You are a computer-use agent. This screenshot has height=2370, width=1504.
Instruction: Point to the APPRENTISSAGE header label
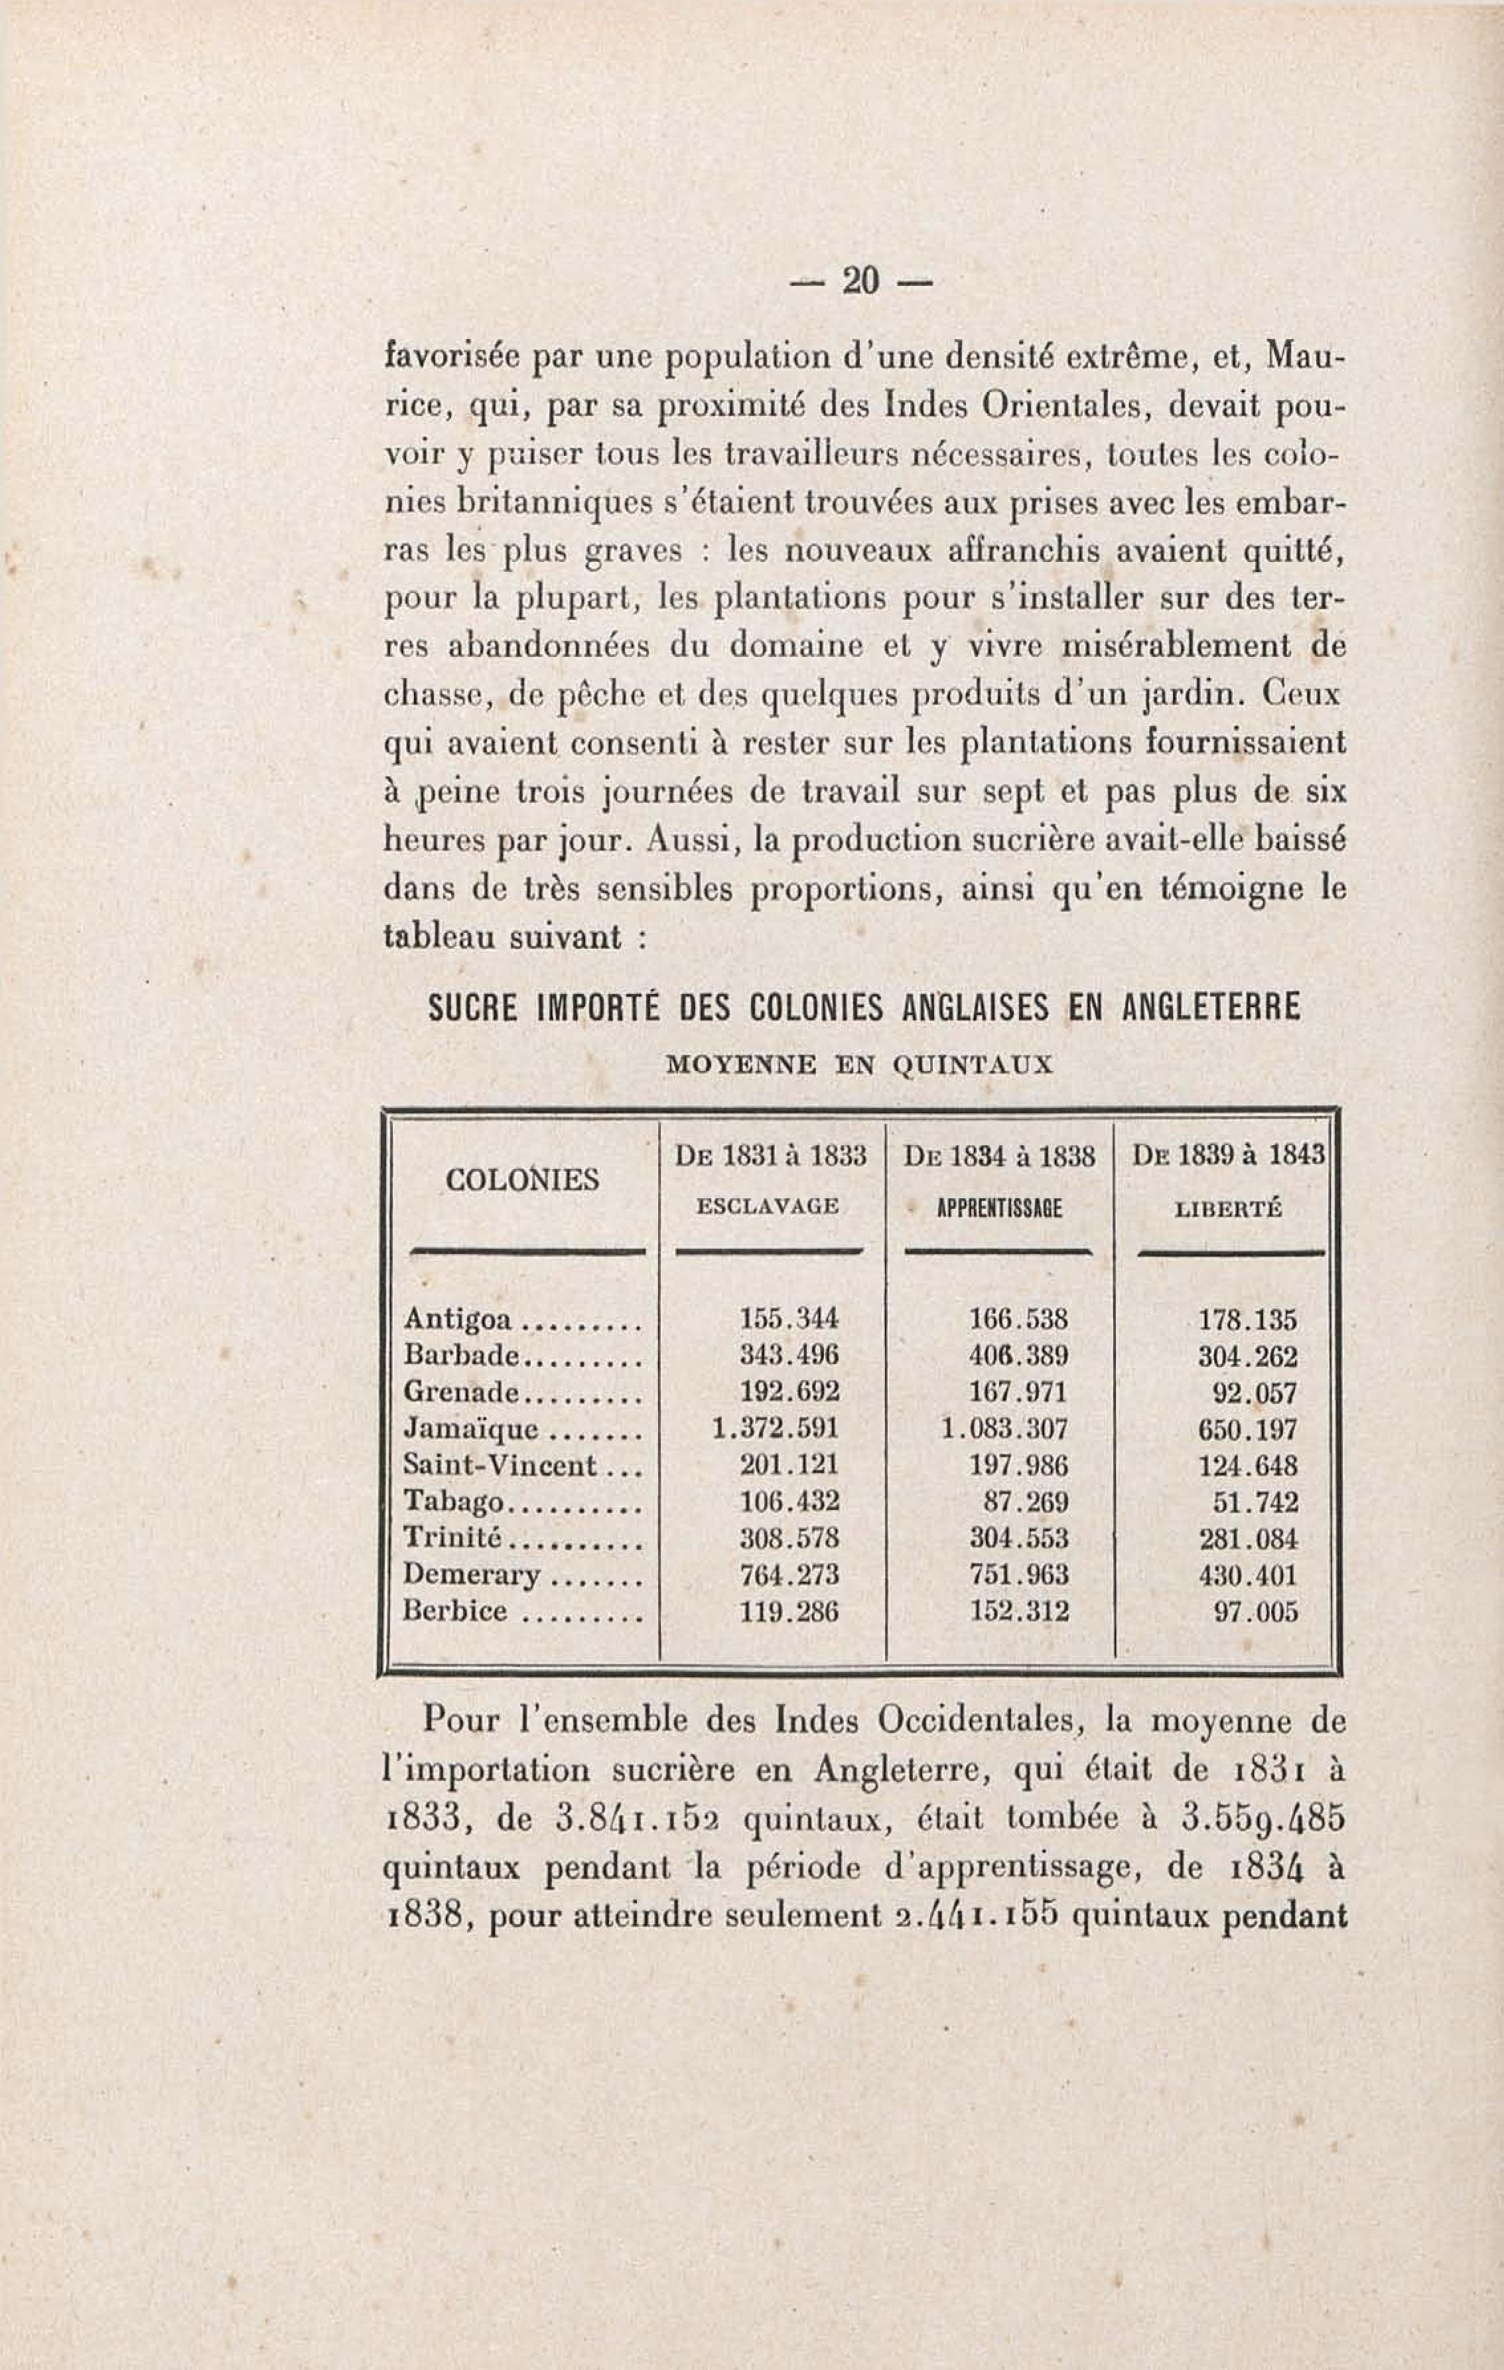point(999,1209)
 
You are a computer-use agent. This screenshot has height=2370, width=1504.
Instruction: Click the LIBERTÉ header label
point(1229,1210)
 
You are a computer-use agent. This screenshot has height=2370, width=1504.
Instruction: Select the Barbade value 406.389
point(1019,1356)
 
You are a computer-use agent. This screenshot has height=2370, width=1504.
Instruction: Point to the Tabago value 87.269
point(1026,1502)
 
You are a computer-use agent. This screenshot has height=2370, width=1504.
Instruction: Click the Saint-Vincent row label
point(500,1466)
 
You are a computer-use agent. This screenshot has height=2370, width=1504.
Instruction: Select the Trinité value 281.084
point(1248,1539)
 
